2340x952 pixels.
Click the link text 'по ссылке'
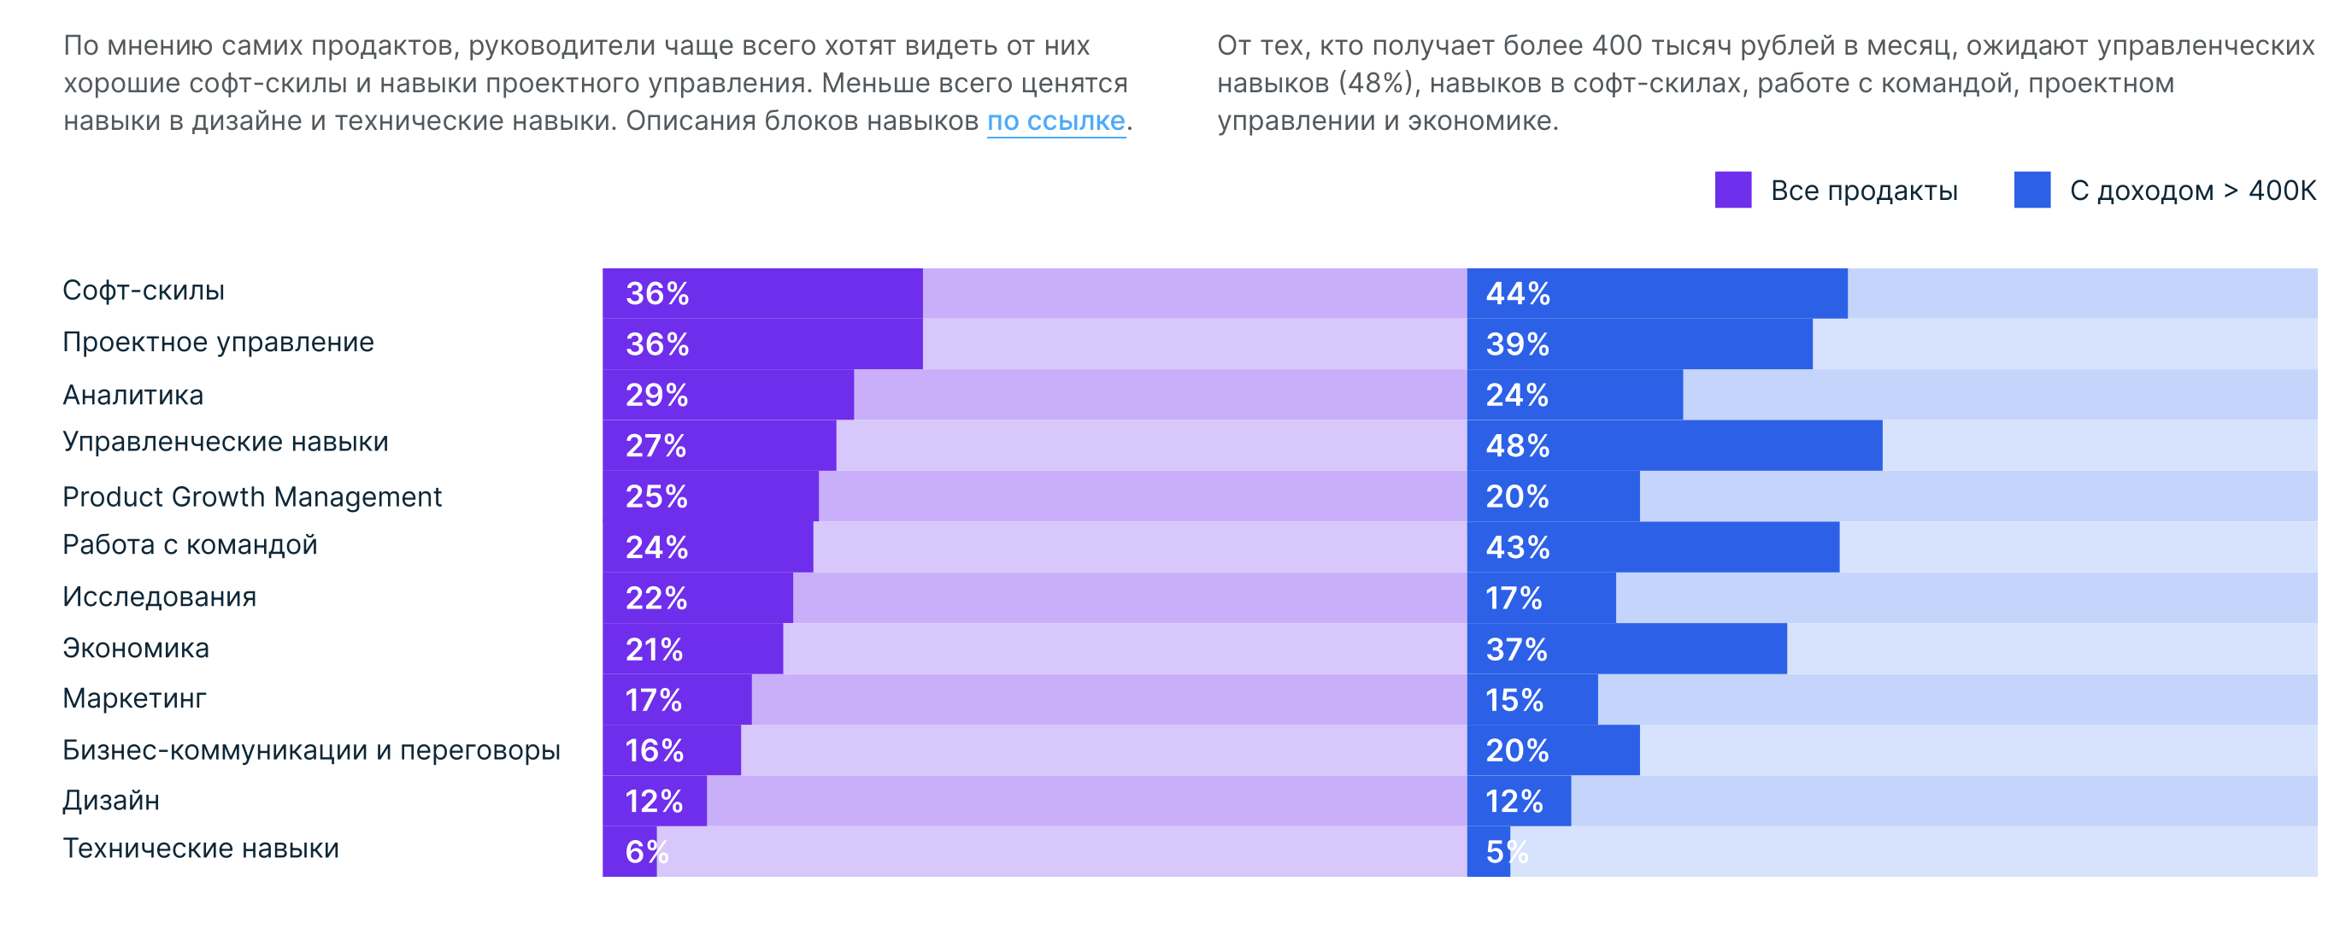pos(1055,120)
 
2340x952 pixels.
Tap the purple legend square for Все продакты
pos(1732,190)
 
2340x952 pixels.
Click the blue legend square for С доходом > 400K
pos(2031,190)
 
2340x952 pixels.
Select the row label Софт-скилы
pos(144,291)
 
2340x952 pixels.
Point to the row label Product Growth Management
pos(251,497)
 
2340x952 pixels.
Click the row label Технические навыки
pos(201,849)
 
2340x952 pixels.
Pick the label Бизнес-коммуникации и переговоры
pos(312,750)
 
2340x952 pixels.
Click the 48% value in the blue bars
pos(1517,446)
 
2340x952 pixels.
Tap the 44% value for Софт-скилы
pos(1517,293)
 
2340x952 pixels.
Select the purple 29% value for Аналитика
pos(656,395)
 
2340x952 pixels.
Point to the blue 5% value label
pos(1506,852)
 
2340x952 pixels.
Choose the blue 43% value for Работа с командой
pos(1517,548)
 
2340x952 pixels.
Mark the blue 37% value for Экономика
pos(1516,649)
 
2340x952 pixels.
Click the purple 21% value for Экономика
pos(654,649)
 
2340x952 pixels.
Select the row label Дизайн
pos(111,800)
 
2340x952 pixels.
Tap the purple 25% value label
pos(656,497)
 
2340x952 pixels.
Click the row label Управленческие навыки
pos(226,443)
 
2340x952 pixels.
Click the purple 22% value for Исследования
pos(656,599)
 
